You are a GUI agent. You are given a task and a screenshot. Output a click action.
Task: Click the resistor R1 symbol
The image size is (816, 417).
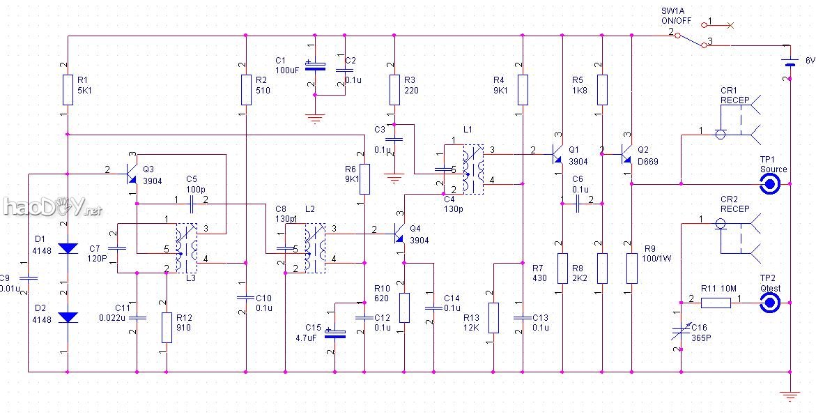68,89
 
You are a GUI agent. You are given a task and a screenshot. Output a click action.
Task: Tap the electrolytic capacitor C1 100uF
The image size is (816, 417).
316,68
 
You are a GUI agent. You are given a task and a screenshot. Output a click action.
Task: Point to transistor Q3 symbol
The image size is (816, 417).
130,170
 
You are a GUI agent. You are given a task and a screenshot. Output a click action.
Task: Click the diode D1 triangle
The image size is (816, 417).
68,248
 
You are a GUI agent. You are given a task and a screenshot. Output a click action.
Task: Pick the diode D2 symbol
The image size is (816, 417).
68,317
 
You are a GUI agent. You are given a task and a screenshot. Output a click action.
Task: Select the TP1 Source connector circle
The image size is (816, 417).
770,184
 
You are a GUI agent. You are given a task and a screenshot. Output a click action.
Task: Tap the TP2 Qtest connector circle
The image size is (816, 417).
770,303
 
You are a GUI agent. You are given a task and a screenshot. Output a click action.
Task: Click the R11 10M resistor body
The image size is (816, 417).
716,303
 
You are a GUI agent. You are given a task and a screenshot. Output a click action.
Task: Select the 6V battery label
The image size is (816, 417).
810,61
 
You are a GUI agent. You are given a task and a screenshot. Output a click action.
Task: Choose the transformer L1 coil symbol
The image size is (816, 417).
475,169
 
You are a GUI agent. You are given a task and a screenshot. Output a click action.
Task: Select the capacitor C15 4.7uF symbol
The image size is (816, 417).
335,333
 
